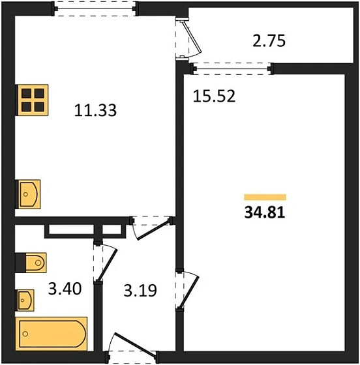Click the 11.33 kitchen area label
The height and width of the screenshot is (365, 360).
pos(95,110)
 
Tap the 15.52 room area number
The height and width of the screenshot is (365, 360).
pos(214,96)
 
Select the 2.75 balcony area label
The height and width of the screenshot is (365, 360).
pos(269,40)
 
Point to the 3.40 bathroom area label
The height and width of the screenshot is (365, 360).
pos(65,288)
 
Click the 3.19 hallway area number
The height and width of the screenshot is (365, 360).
pos(140,290)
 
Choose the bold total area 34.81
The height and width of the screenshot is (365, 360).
pos(265,212)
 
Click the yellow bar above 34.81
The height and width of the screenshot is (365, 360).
pos(265,197)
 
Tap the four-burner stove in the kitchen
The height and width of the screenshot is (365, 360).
pos(32,100)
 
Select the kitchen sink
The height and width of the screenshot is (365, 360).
pos(28,194)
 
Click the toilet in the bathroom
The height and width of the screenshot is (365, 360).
pos(31,263)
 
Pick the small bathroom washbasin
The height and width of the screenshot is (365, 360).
pos(25,300)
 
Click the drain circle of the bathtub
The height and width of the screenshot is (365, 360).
pos(25,334)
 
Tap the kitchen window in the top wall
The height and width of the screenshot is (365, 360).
pos(95,9)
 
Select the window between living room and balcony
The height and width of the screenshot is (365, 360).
pos(232,68)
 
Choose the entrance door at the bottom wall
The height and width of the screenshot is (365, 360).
pos(134,345)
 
